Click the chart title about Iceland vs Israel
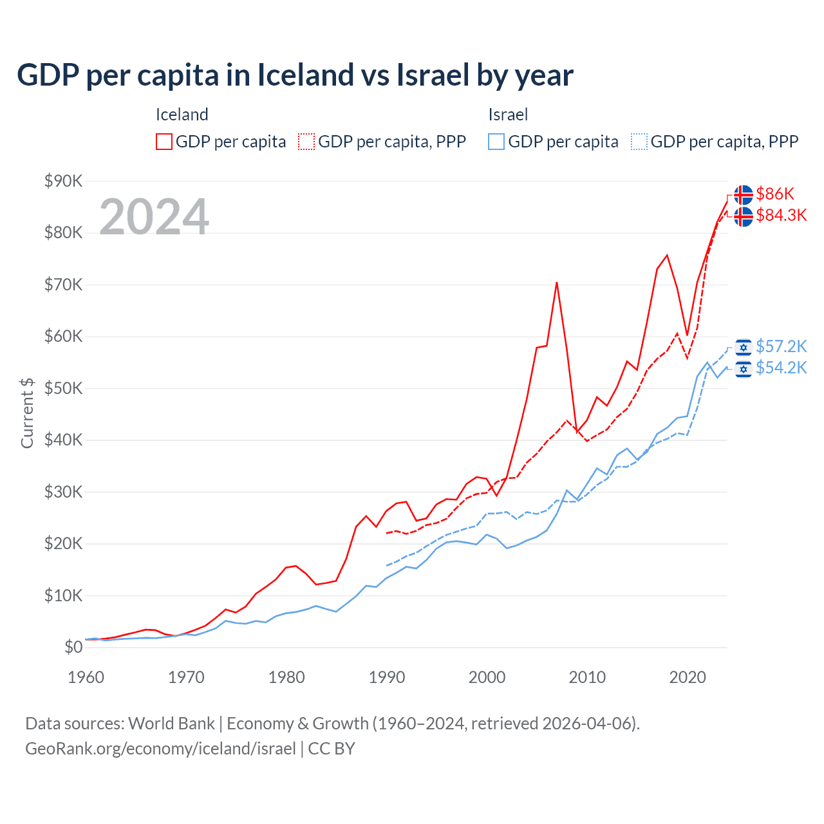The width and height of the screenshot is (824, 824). (x=295, y=75)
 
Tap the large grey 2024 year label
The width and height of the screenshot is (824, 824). (x=154, y=217)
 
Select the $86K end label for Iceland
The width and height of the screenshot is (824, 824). (x=775, y=194)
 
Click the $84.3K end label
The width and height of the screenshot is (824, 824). (x=781, y=215)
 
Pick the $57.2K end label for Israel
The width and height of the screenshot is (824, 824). (x=781, y=346)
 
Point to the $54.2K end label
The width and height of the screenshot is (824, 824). (x=781, y=368)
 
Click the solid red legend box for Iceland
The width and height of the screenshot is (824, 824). (x=164, y=142)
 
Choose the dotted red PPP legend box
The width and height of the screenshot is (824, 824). (x=306, y=142)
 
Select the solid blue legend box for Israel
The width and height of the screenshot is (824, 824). (x=496, y=142)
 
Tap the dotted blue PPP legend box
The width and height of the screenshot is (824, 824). (x=639, y=142)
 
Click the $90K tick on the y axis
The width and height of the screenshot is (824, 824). (x=63, y=181)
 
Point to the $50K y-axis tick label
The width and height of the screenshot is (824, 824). (x=63, y=388)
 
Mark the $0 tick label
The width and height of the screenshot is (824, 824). (x=73, y=647)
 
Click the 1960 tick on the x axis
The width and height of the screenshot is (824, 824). (x=86, y=677)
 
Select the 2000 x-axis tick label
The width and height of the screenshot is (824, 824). (x=487, y=677)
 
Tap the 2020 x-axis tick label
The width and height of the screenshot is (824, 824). (x=688, y=677)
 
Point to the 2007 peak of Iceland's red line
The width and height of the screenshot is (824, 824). (x=556, y=283)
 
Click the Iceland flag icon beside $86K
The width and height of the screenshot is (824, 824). (x=744, y=194)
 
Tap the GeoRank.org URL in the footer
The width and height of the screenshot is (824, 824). (x=160, y=749)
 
